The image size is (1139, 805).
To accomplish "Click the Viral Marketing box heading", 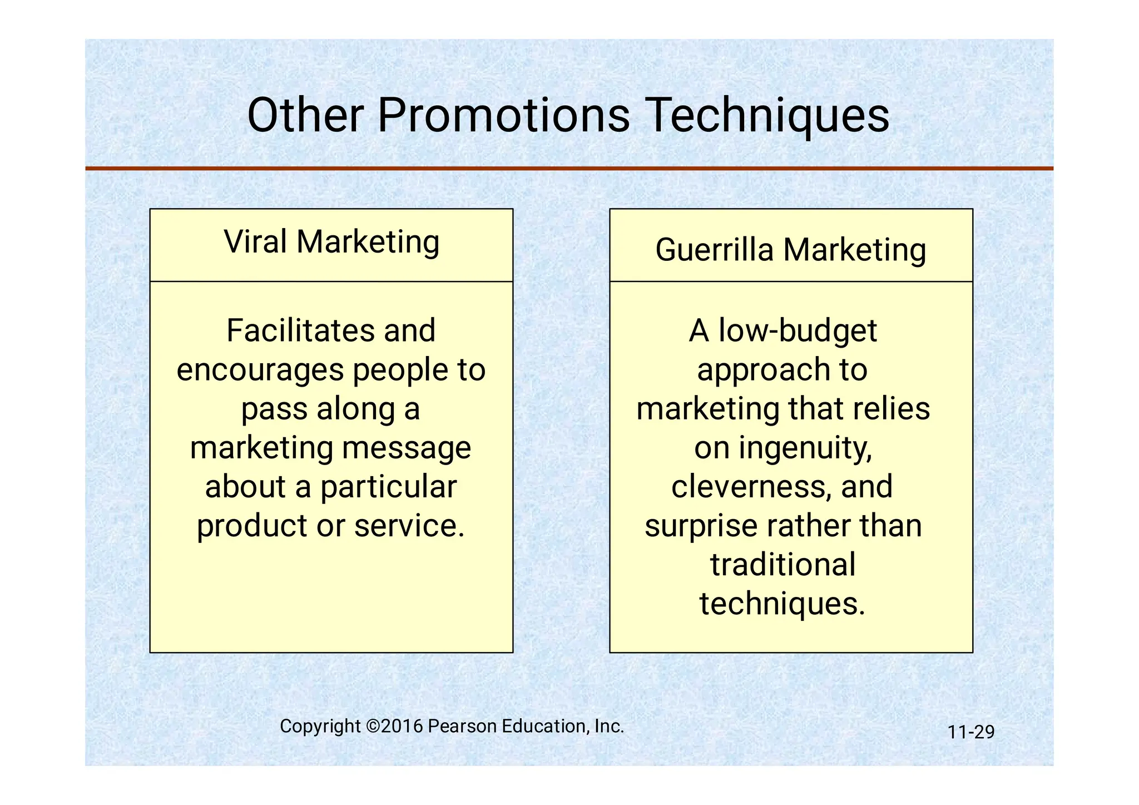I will pyautogui.click(x=331, y=242).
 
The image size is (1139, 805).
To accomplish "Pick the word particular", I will pyautogui.click(x=388, y=487).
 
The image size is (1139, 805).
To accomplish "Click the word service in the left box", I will pyautogui.click(x=409, y=526).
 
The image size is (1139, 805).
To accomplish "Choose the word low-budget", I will pyautogui.click(x=798, y=330).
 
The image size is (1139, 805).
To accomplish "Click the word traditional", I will pyautogui.click(x=783, y=565).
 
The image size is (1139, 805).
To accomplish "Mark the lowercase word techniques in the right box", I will pyautogui.click(x=782, y=604).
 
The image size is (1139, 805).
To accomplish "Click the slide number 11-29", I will pyautogui.click(x=970, y=732).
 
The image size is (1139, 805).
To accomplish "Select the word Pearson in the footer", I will pyautogui.click(x=463, y=726).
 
